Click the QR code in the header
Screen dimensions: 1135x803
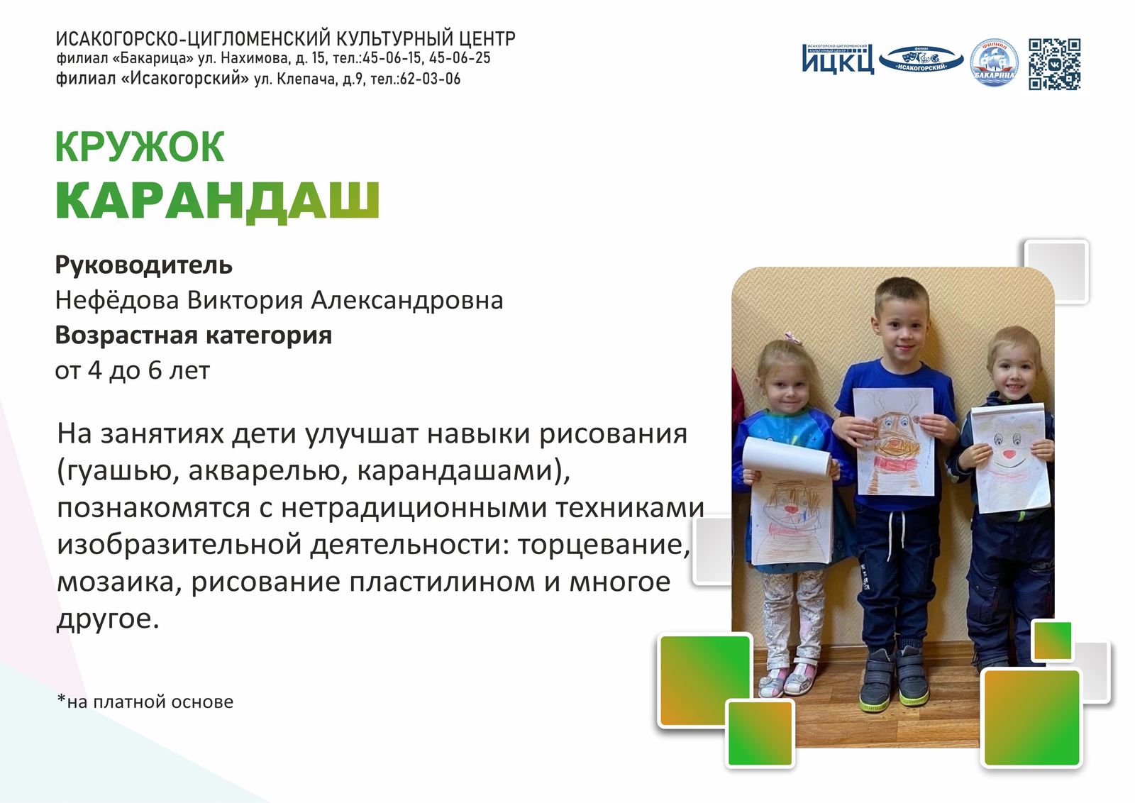[1054, 65]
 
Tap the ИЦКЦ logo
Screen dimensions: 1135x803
[838, 59]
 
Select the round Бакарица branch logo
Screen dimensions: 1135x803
[994, 62]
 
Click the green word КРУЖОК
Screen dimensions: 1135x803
[139, 147]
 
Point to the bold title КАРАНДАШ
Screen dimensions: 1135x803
[217, 201]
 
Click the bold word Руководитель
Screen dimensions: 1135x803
[143, 265]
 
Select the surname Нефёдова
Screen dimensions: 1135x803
[117, 300]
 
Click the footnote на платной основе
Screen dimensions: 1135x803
[145, 702]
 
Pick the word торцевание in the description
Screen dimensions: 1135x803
[604, 545]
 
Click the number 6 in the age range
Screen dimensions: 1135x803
[155, 371]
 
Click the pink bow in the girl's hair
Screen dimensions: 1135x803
[790, 337]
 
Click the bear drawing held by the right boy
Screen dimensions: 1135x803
[1010, 457]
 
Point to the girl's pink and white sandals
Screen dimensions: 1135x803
[787, 677]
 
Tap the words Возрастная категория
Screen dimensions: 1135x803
[193, 336]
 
